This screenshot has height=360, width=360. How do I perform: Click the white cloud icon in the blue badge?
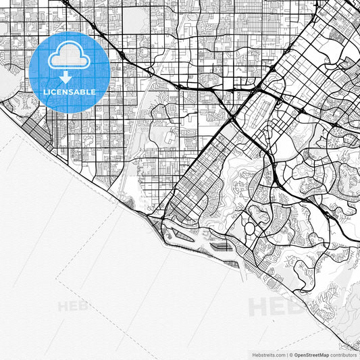(x=70, y=56)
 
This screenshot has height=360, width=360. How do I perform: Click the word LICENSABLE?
(x=70, y=91)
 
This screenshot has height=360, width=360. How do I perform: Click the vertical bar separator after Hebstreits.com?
(x=286, y=354)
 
